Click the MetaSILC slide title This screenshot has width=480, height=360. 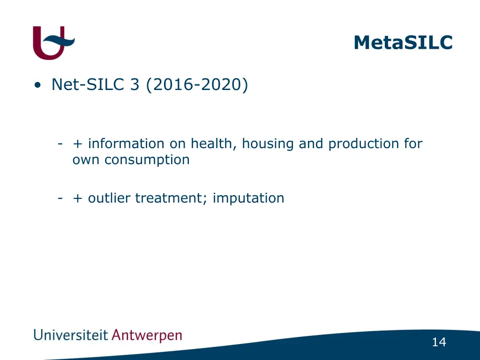pyautogui.click(x=403, y=42)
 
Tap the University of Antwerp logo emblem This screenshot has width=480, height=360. pyautogui.click(x=53, y=43)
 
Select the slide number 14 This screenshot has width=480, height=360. pyautogui.click(x=439, y=342)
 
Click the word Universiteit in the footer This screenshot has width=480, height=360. pyautogui.click(x=70, y=335)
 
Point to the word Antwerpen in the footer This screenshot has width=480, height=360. pyautogui.click(x=147, y=336)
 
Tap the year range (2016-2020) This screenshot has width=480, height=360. pyautogui.click(x=197, y=85)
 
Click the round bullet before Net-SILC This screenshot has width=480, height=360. pyautogui.click(x=37, y=85)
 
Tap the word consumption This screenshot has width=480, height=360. pyautogui.click(x=147, y=160)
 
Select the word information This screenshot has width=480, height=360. pyautogui.click(x=126, y=143)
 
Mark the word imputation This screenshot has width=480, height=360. pyautogui.click(x=248, y=198)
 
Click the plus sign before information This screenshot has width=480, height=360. pyautogui.click(x=77, y=144)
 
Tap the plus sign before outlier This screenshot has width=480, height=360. pyautogui.click(x=77, y=198)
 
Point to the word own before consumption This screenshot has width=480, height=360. pyautogui.click(x=87, y=160)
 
